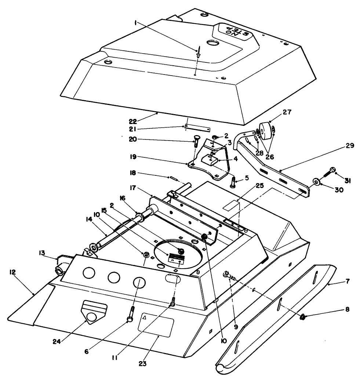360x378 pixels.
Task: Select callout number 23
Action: click(143, 363)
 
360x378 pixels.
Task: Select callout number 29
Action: click(350, 146)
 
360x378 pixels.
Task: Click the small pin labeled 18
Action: click(174, 179)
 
